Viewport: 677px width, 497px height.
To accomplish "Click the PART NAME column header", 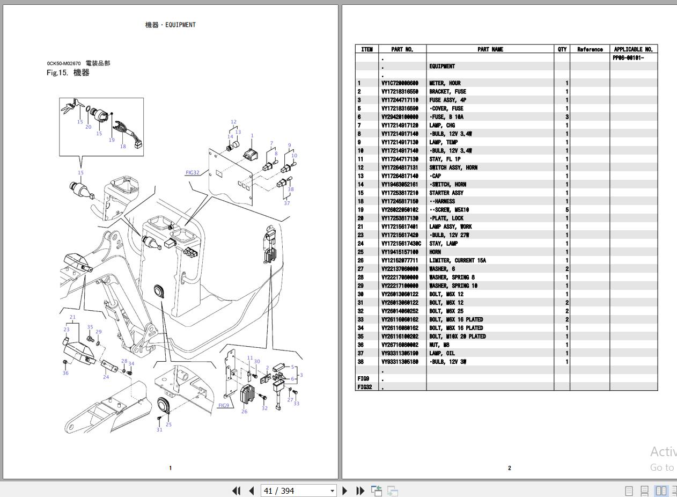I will click(x=490, y=49).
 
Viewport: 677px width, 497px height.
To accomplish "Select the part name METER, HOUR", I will click(x=445, y=83).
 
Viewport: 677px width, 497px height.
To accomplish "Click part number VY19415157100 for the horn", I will click(x=399, y=252).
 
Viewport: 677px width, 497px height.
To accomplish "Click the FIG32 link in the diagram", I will click(x=193, y=173).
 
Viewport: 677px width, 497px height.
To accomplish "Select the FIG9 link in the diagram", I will click(x=224, y=405).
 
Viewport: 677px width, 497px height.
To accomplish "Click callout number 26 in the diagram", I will click(x=244, y=412).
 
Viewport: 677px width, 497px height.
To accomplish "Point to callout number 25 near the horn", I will click(x=168, y=425).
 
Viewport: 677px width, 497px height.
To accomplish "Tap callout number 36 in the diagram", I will click(x=65, y=373).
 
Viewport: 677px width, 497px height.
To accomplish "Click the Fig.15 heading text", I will click(x=68, y=73).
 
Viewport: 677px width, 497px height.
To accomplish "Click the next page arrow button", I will click(x=345, y=491).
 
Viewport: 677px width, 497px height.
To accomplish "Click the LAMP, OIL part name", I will click(x=441, y=353).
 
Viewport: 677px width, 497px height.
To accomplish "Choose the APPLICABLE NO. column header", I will click(x=633, y=49).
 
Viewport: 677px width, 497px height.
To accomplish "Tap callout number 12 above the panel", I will click(x=233, y=122).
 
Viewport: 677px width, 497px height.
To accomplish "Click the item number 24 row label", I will click(x=360, y=244).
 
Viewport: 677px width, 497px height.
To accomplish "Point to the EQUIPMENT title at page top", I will click(x=171, y=25).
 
